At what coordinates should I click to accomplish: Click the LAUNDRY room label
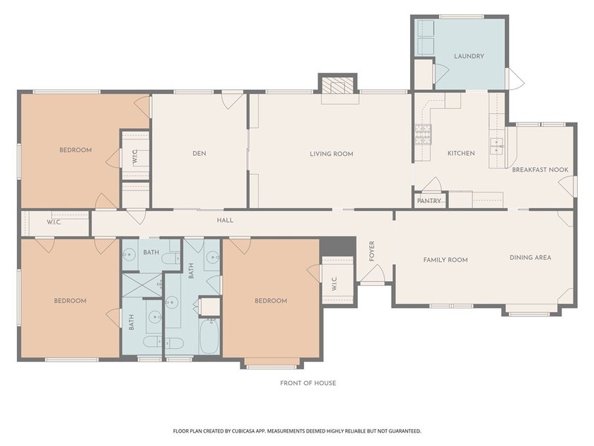pos(469,56)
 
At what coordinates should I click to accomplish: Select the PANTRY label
pos(429,201)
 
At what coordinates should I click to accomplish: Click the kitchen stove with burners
pos(423,135)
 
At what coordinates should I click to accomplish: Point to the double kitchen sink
pos(497,147)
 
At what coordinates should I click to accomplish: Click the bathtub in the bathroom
pos(209,336)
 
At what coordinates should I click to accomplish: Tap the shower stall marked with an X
pos(142,285)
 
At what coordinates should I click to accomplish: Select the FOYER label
pos(372,251)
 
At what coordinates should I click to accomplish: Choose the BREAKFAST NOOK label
pos(540,170)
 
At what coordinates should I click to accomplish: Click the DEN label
pos(199,154)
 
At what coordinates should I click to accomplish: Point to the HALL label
pos(225,220)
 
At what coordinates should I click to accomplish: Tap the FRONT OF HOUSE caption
pos(308,383)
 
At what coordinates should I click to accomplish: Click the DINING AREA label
pos(530,258)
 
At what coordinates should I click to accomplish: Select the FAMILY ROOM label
pos(445,260)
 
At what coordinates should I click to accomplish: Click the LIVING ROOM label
pos(332,154)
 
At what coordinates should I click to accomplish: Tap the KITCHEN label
pos(461,153)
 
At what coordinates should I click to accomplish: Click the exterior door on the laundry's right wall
pos(515,79)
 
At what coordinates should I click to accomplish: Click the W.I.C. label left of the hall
pos(54,222)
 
